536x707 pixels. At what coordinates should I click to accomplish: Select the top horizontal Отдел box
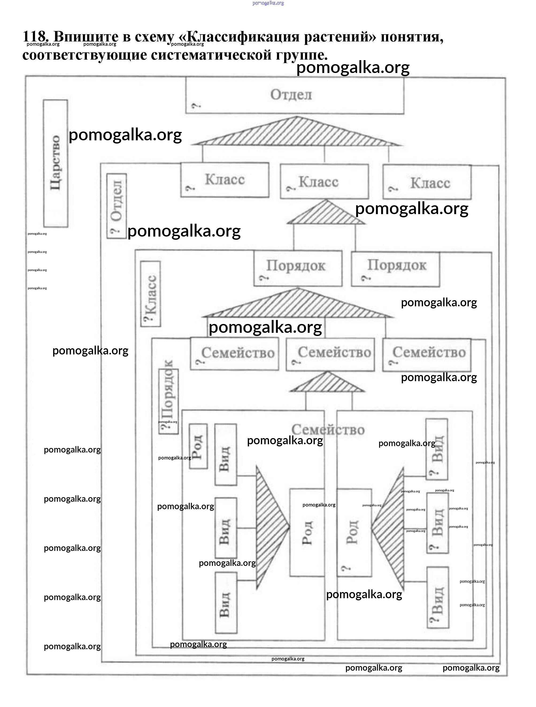click(294, 96)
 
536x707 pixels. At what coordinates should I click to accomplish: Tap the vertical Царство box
click(56, 163)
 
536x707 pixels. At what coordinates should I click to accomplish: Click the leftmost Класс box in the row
click(224, 180)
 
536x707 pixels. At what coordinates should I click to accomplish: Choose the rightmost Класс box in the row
click(427, 183)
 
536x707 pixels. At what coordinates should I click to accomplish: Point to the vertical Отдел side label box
click(117, 206)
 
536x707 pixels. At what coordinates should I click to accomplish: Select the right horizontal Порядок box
click(395, 269)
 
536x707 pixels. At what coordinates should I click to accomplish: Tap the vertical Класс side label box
click(151, 294)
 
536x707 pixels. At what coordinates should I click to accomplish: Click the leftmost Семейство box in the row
click(234, 354)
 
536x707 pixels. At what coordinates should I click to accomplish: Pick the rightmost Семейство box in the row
click(426, 355)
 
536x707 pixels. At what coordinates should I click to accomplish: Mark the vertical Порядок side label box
click(168, 401)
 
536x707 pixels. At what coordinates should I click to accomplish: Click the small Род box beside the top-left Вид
click(198, 446)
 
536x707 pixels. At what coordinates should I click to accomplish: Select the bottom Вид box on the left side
click(226, 602)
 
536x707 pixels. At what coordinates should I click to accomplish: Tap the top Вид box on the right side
click(437, 449)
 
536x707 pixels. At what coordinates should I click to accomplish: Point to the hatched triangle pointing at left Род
click(270, 527)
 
